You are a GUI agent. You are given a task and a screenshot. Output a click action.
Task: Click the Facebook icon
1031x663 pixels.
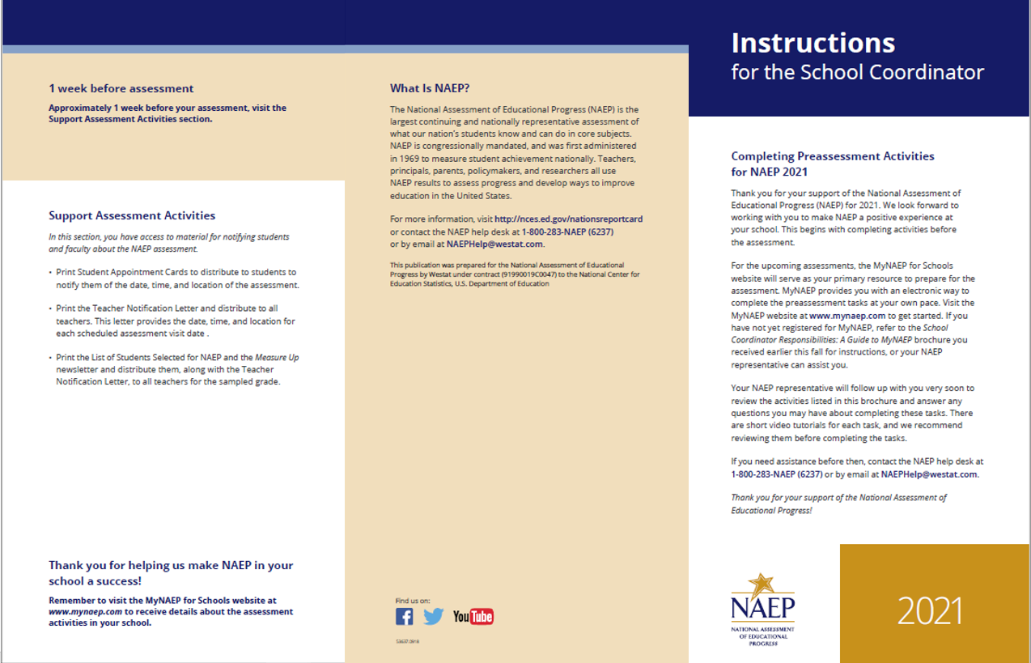point(405,617)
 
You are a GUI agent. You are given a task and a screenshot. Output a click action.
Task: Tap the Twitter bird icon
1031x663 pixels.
point(434,617)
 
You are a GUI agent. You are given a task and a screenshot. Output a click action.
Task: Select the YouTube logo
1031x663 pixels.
point(473,617)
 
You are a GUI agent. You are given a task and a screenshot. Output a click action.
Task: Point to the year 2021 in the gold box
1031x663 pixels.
point(930,611)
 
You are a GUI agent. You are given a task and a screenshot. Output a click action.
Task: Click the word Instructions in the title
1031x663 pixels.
point(812,43)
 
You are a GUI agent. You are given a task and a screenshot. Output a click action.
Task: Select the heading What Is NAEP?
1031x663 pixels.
point(430,88)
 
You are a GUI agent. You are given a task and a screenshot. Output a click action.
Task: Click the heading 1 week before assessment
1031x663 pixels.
point(121,88)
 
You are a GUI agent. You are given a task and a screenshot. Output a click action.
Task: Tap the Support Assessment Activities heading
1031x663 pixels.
point(132,215)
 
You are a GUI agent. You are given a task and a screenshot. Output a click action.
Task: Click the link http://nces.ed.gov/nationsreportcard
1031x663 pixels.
point(568,219)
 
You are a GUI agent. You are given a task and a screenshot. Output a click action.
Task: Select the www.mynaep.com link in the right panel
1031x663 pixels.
point(847,316)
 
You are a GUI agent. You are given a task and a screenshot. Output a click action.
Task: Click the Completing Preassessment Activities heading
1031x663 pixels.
point(833,156)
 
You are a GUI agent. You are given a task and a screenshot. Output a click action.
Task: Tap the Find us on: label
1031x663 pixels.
point(413,600)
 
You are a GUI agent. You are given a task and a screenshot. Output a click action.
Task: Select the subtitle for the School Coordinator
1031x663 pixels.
point(857,72)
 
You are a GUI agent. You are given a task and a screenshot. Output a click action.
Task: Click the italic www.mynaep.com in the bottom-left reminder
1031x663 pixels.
point(85,612)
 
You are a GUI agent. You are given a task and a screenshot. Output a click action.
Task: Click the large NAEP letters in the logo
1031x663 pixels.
point(762,607)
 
